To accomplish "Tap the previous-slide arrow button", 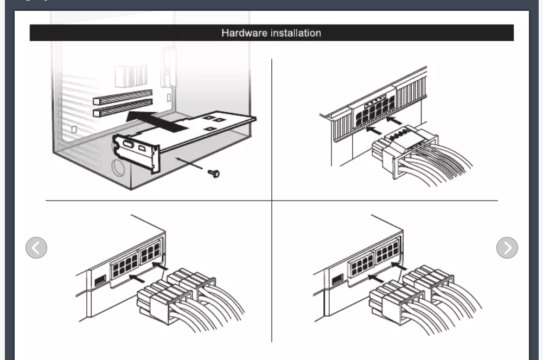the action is [x=36, y=247].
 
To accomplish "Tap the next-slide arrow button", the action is [x=507, y=247].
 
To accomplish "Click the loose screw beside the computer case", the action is [x=214, y=173].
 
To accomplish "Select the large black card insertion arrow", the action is [x=157, y=121].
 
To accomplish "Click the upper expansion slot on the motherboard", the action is [x=123, y=97].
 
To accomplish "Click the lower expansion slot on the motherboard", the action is [x=123, y=108].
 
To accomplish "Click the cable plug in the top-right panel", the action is [x=402, y=150].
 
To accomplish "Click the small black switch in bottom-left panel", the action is [x=100, y=280].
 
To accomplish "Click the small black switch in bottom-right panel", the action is [x=337, y=279].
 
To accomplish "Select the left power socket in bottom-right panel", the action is [x=361, y=265].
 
